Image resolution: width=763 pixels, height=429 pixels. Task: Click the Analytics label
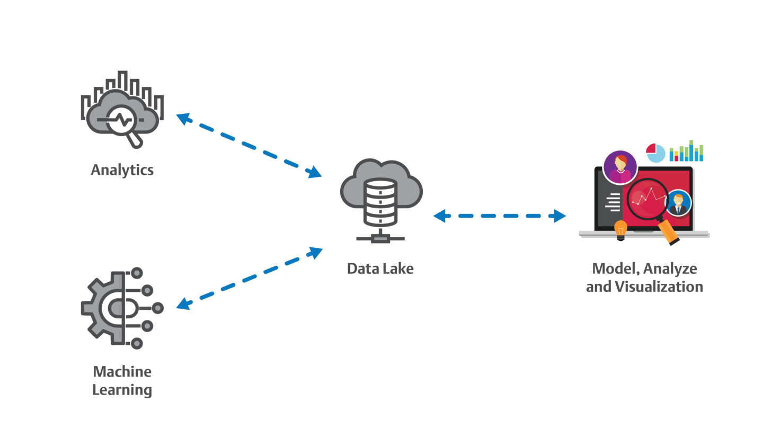pyautogui.click(x=122, y=170)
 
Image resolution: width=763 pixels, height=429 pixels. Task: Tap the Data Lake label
pyautogui.click(x=380, y=269)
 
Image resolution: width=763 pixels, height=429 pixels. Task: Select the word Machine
pyautogui.click(x=122, y=371)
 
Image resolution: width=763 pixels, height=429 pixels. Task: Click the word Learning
pyautogui.click(x=122, y=391)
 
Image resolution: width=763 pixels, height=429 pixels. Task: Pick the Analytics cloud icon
pyautogui.click(x=122, y=109)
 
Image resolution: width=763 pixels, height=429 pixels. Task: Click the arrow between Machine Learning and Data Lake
pyautogui.click(x=249, y=279)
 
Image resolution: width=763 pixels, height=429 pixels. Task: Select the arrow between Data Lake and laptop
pyautogui.click(x=500, y=216)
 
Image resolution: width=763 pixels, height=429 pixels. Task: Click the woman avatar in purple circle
pyautogui.click(x=619, y=167)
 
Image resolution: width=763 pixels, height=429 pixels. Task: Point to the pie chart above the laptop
pyautogui.click(x=655, y=153)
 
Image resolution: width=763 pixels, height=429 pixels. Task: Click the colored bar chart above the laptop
pyautogui.click(x=686, y=151)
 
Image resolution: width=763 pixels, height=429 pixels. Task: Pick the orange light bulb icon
pyautogui.click(x=620, y=229)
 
